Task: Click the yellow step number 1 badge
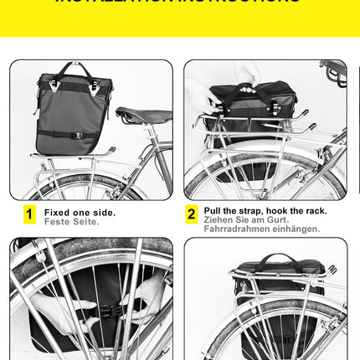point(30,215)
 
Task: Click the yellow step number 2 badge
point(191,215)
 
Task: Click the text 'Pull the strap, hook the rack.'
point(265,210)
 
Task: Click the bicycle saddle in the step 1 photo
point(142,115)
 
